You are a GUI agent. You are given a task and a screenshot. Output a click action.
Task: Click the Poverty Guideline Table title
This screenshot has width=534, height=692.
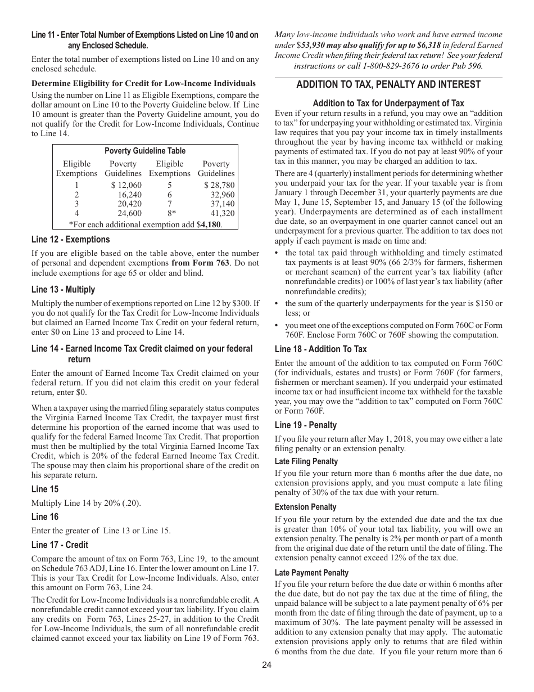click(x=145, y=151)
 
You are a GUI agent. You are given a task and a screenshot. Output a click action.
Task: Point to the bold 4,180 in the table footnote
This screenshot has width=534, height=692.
click(x=211, y=224)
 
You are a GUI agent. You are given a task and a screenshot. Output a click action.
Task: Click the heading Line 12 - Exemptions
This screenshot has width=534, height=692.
click(x=71, y=240)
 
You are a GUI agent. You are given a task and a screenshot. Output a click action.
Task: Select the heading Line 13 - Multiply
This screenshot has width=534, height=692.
click(x=63, y=290)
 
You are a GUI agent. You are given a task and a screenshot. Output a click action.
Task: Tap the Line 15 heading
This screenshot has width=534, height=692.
click(x=45, y=489)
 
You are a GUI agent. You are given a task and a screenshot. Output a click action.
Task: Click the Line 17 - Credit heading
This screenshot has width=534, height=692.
click(x=60, y=545)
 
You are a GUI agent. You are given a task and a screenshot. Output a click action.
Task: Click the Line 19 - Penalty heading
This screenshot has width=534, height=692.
click(x=306, y=425)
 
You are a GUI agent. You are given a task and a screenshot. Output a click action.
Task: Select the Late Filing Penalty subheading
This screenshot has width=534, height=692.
click(x=306, y=461)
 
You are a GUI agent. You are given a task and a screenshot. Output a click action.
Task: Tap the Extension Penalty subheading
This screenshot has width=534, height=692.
click(x=305, y=507)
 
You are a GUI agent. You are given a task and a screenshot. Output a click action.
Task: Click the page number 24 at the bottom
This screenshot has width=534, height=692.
click(x=266, y=665)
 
